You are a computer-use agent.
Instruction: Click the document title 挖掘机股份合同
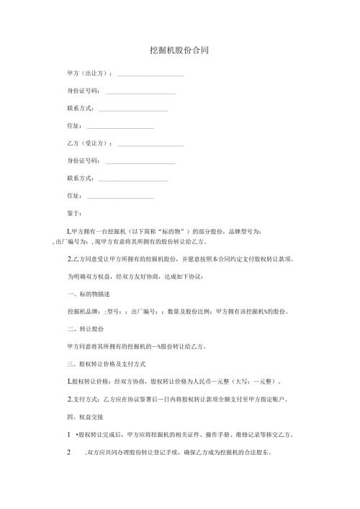pyautogui.click(x=179, y=51)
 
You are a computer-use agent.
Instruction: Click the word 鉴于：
pyautogui.click(x=74, y=213)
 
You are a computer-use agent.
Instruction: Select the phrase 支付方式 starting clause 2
pyautogui.click(x=85, y=399)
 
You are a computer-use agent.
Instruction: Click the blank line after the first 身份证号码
pyautogui.click(x=140, y=91)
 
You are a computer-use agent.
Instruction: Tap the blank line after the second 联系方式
pyautogui.click(x=132, y=179)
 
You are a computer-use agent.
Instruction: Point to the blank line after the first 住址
pyautogui.click(x=120, y=126)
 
